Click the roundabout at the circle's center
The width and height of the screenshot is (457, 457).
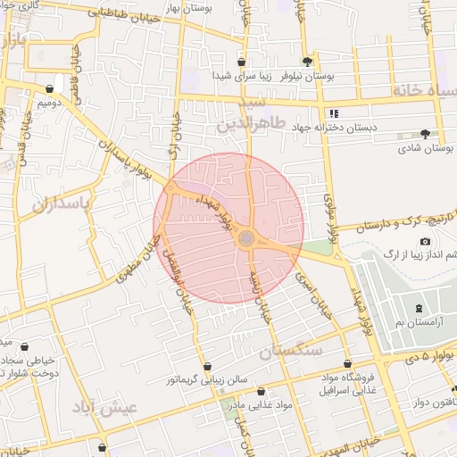(x=246, y=238)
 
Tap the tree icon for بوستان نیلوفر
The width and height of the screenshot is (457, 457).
(x=308, y=62)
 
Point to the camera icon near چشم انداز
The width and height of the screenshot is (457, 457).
(x=425, y=242)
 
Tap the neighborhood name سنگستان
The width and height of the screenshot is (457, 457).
(x=290, y=352)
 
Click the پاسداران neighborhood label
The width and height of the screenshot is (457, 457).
(x=62, y=205)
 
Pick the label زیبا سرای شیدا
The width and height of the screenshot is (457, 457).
(x=241, y=77)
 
